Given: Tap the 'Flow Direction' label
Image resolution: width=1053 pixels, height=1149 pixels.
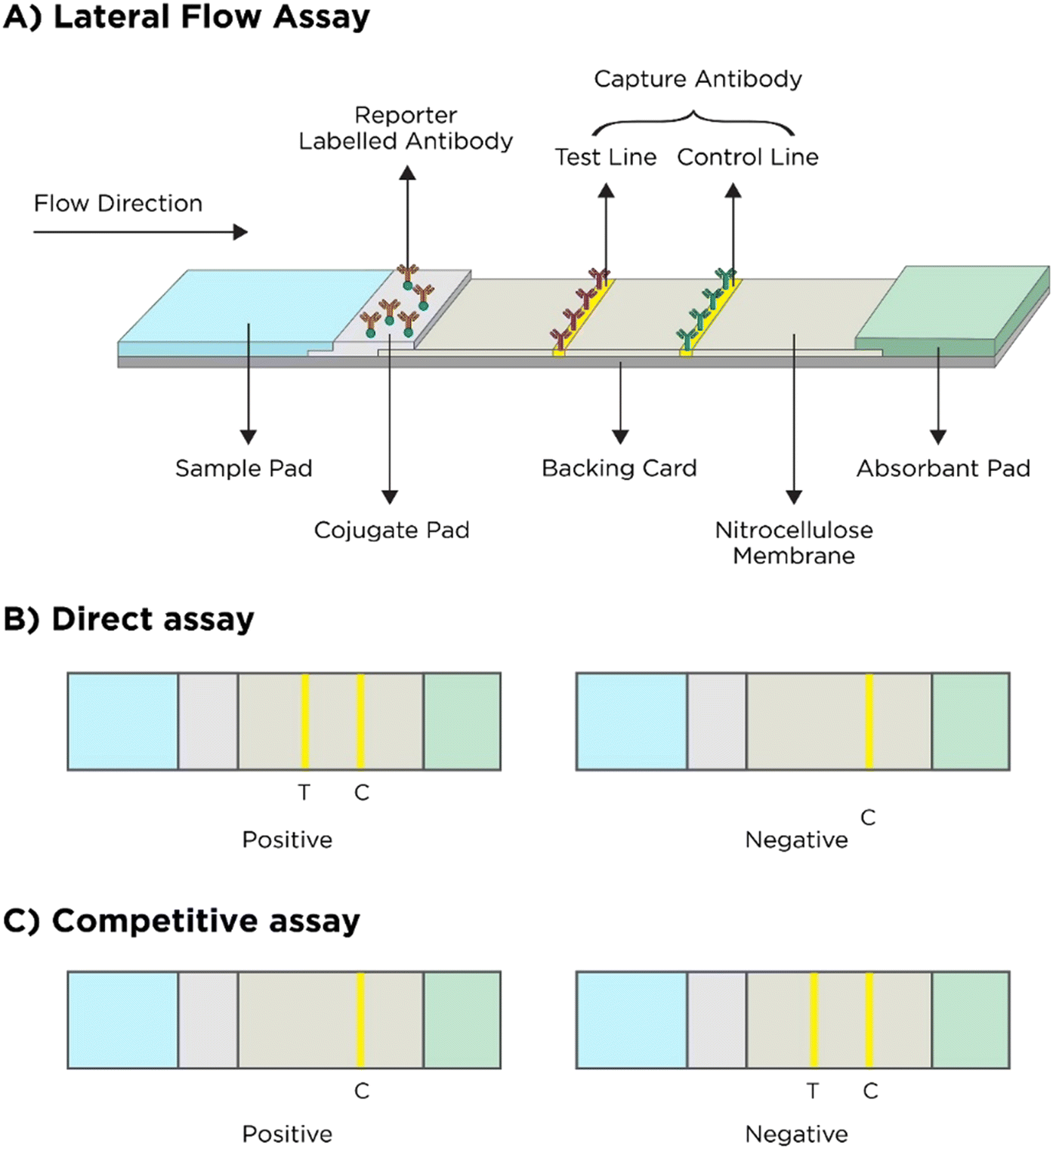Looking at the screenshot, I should coord(118,204).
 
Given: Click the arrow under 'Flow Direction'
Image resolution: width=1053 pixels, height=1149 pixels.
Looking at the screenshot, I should coord(141,232).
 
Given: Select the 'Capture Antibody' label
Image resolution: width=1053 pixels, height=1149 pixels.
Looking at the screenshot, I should coord(697,79).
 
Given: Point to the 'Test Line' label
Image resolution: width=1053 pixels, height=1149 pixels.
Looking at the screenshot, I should coord(605,157).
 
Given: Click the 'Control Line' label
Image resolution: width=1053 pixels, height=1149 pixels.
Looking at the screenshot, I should coord(747,157).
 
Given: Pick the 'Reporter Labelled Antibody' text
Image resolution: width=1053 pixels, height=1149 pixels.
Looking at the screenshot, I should coord(406,128).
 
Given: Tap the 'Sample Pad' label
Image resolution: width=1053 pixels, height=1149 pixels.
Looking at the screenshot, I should coord(243,468).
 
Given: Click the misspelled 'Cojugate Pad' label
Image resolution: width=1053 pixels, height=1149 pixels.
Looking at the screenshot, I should coord(391,530).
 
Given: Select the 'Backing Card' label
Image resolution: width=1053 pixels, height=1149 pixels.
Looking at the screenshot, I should coord(619,468).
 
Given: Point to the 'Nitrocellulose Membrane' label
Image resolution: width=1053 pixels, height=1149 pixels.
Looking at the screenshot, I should coord(793,543).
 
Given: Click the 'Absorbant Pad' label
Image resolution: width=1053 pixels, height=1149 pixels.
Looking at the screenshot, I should coord(943,468).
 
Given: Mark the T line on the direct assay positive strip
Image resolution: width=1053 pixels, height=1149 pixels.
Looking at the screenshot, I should coord(304,721).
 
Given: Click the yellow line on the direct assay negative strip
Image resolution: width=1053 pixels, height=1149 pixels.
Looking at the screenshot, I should coord(869,721).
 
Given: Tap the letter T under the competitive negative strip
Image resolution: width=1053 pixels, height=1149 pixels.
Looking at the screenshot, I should coord(813,1091).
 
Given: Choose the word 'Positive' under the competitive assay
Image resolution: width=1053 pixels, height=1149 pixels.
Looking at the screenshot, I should coord(287,1134).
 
